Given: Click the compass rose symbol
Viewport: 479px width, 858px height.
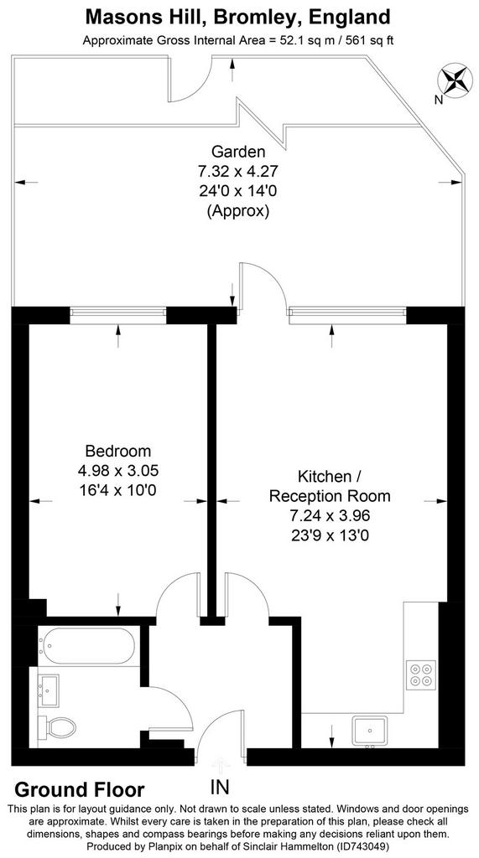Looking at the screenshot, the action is pos(455,80).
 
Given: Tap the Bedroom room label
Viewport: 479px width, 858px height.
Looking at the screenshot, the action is pos(117,451).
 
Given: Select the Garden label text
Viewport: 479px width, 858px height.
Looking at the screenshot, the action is pos(238,151).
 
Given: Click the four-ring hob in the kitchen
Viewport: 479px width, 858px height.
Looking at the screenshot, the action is pos(421,675).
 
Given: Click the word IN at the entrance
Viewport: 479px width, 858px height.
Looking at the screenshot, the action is pos(220,787).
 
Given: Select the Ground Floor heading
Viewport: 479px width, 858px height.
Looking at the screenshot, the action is pos(80,789).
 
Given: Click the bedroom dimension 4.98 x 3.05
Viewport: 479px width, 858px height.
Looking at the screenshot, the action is pos(117,471).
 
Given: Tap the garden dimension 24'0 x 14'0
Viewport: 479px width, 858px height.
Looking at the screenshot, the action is pos(238,191).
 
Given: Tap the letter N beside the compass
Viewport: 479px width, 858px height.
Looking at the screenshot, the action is pos(438,100).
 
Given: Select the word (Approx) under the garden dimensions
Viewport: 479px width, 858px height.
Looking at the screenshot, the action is pos(238,211).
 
